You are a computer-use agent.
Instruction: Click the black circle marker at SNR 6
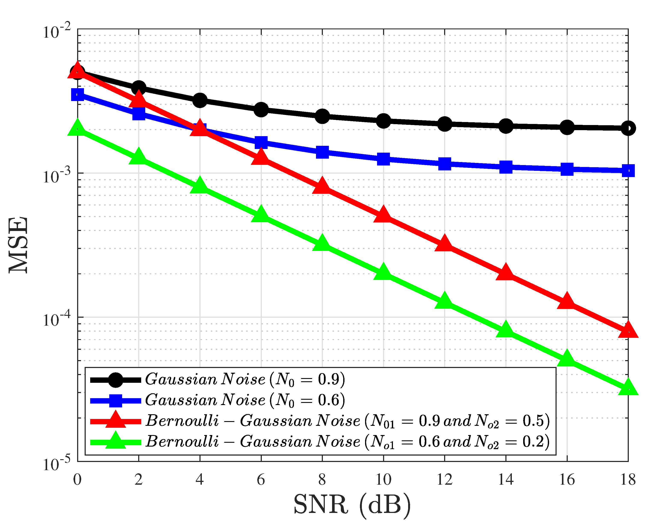click(x=261, y=109)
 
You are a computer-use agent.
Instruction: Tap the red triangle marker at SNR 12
click(x=445, y=243)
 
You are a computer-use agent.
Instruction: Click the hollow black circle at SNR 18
click(x=628, y=128)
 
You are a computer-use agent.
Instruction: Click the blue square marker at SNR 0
click(x=78, y=95)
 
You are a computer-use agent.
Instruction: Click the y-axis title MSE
click(x=18, y=245)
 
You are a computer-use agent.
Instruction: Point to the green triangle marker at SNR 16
click(x=567, y=358)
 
